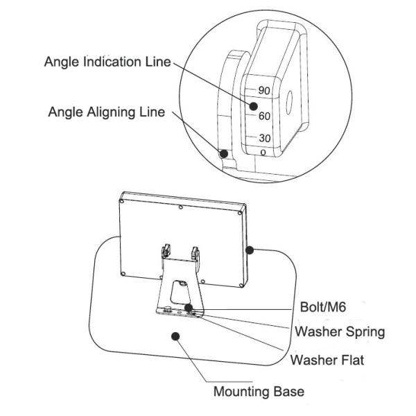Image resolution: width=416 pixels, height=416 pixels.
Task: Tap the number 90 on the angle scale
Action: tap(263, 90)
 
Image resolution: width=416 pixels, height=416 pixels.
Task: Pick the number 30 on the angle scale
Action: tap(264, 138)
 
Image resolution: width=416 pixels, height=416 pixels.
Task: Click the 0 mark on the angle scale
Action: tap(263, 150)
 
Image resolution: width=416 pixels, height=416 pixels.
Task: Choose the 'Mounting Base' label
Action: tap(258, 392)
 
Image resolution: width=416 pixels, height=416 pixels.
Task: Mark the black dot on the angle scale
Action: tap(254, 106)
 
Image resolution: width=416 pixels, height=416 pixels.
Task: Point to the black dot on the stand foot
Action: tap(189, 306)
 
